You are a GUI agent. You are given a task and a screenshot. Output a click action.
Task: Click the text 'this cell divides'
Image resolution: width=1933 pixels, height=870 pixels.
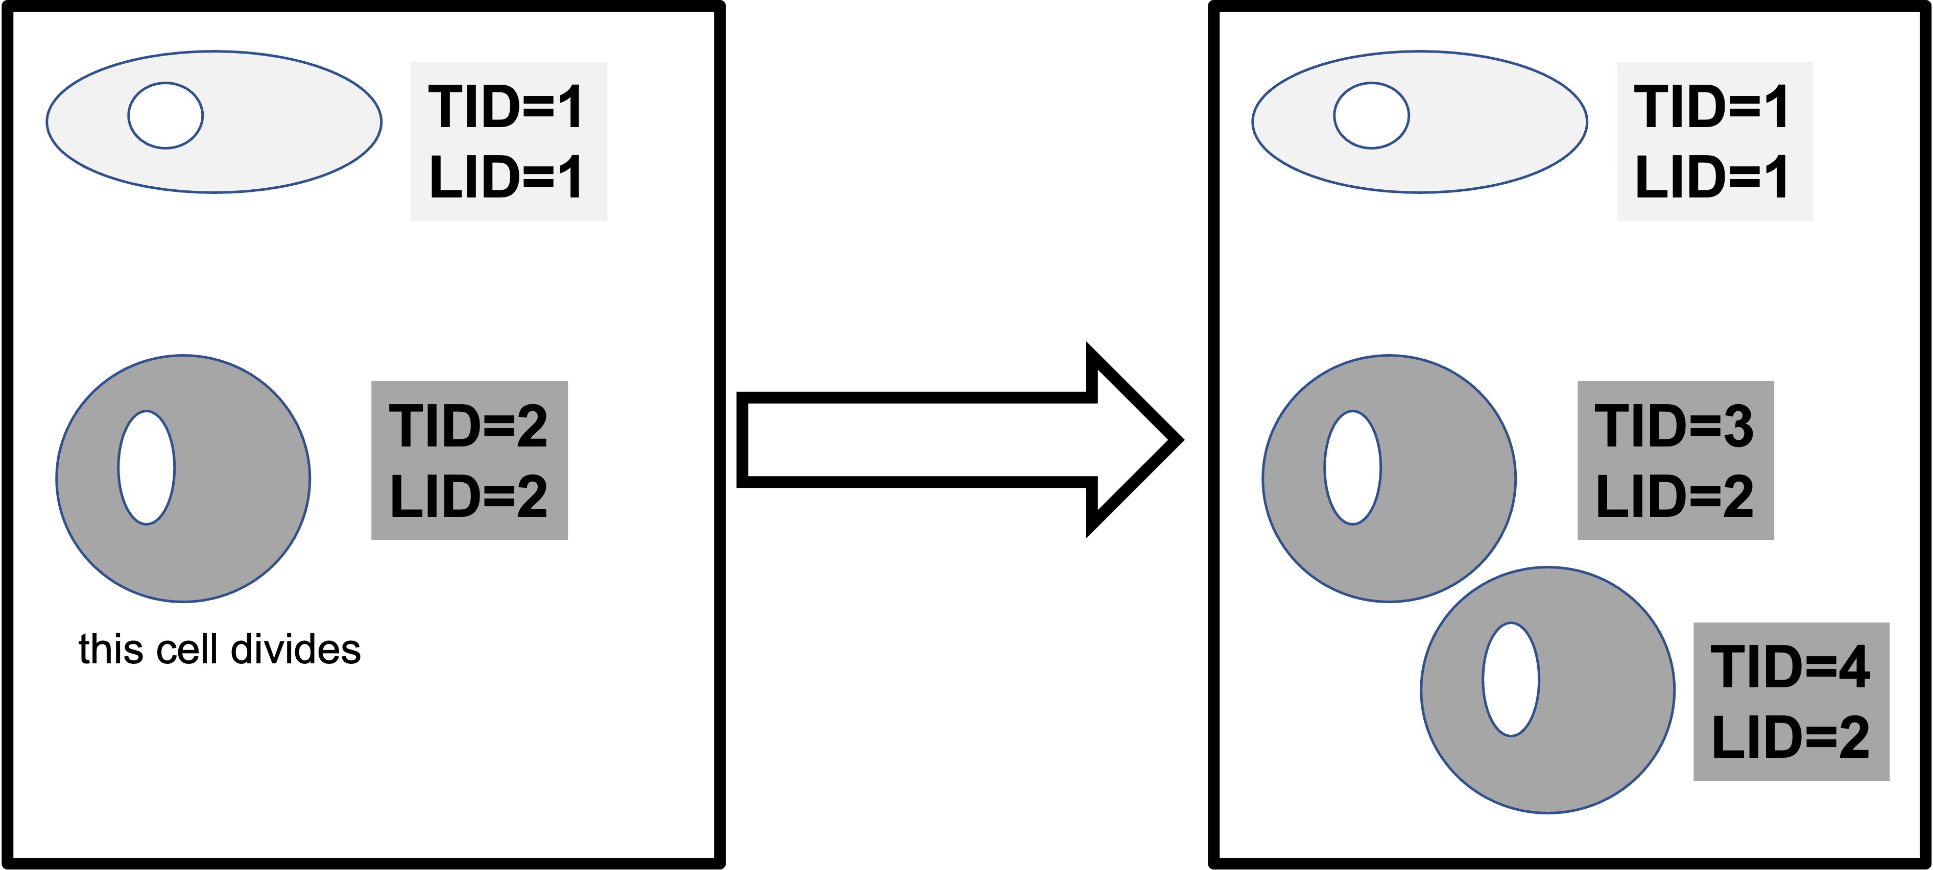pyautogui.click(x=219, y=650)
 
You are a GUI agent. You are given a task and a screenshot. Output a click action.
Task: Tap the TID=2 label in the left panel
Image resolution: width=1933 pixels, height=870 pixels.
pyautogui.click(x=468, y=425)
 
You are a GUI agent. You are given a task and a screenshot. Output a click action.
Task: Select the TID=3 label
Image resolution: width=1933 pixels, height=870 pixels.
pyautogui.click(x=1674, y=425)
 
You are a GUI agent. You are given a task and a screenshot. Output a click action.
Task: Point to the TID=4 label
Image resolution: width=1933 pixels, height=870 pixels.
pyautogui.click(x=1789, y=667)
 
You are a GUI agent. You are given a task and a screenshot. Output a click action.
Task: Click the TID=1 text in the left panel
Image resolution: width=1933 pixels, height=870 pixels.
pyautogui.click(x=506, y=107)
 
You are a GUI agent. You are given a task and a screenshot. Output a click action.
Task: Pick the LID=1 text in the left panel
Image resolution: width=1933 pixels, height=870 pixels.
pyautogui.click(x=506, y=178)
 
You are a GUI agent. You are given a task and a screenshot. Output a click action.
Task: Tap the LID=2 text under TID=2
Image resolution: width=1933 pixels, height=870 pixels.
pyautogui.click(x=468, y=496)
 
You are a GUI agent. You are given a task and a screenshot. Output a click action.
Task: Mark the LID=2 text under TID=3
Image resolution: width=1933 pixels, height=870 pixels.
pyautogui.click(x=1674, y=496)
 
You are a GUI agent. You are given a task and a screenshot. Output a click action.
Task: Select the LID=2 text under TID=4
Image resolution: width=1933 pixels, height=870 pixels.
pyautogui.click(x=1789, y=738)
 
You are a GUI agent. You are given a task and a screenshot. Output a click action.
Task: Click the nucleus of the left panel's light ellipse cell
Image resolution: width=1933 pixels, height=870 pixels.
pyautogui.click(x=165, y=115)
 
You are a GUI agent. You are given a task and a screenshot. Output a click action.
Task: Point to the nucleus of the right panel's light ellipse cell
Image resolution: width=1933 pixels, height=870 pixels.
pyautogui.click(x=1371, y=115)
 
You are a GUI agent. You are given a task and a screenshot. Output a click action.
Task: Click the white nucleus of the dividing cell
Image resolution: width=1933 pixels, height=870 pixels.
pyautogui.click(x=147, y=467)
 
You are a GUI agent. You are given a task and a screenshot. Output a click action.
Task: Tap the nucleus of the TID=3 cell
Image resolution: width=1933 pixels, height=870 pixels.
pyautogui.click(x=1352, y=467)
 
